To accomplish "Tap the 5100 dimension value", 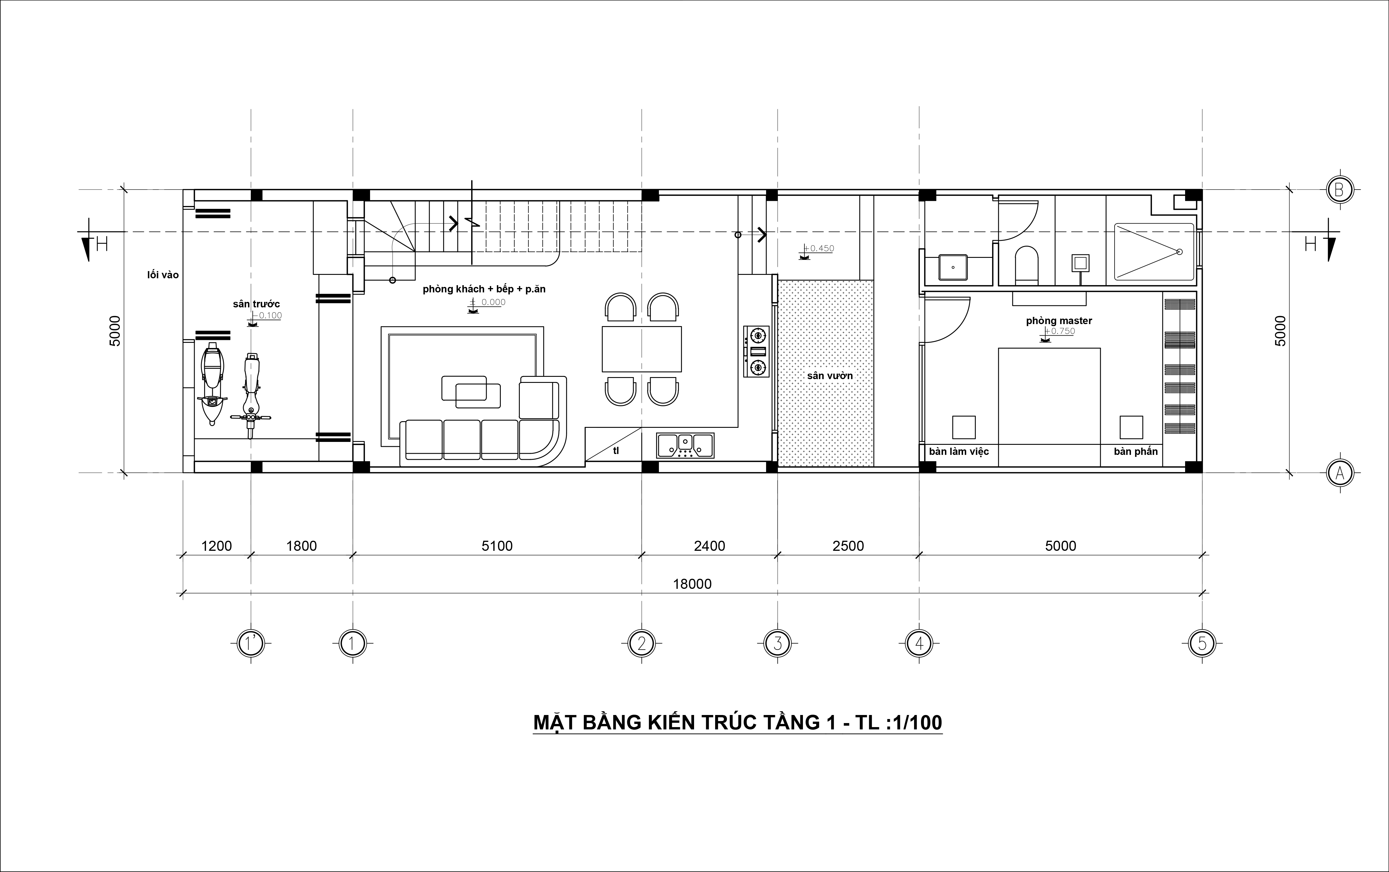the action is (497, 546).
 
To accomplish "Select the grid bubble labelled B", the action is (1339, 189).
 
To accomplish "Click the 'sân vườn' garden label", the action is (830, 375).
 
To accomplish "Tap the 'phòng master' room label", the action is (1059, 321).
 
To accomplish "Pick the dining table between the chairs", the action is (642, 349).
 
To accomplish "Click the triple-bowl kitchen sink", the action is (685, 446).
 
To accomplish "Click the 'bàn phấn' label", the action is (1135, 452).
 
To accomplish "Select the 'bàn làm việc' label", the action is (959, 452).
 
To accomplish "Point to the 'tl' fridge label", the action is (616, 451).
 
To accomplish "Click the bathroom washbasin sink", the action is (953, 267).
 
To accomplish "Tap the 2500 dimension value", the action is (848, 546).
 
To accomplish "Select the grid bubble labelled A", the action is (1339, 473).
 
